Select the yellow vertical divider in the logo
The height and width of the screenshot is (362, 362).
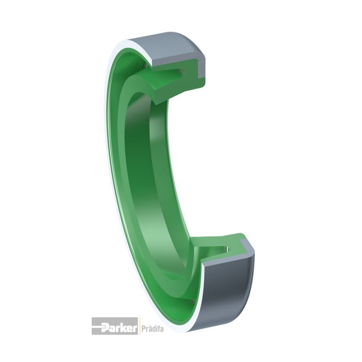(x=138, y=326)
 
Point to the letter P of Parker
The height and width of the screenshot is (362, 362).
(x=105, y=327)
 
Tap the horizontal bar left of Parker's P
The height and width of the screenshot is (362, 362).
(x=97, y=326)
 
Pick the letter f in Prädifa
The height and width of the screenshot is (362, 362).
(x=158, y=327)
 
